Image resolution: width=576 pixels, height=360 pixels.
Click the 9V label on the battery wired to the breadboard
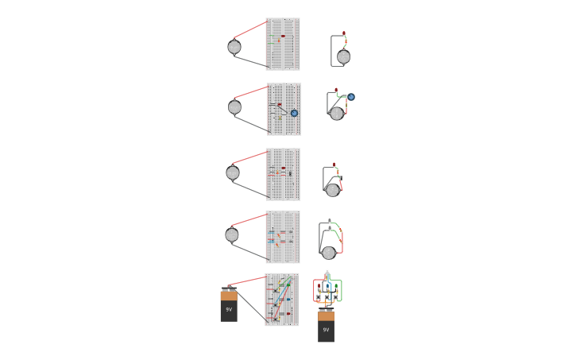pyautogui.click(x=229, y=310)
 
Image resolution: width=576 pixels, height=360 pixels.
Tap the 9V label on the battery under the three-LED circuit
pyautogui.click(x=326, y=330)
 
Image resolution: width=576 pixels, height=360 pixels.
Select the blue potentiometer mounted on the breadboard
pyautogui.click(x=294, y=113)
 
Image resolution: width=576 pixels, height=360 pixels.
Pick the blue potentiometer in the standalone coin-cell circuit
pyautogui.click(x=351, y=97)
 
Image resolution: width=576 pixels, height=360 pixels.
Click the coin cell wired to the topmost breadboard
pyautogui.click(x=234, y=47)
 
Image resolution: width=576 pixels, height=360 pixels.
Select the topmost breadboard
pyautogui.click(x=283, y=45)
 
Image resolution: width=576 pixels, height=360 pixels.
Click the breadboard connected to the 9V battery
pyautogui.click(x=282, y=300)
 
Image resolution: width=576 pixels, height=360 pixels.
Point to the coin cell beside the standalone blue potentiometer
pyautogui.click(x=337, y=114)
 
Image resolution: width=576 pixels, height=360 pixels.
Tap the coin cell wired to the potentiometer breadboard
pyautogui.click(x=234, y=107)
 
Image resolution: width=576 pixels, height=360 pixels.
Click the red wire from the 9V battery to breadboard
pyautogui.click(x=246, y=281)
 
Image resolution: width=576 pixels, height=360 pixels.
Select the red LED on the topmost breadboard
pyautogui.click(x=283, y=36)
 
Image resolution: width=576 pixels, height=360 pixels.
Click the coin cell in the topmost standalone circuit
pyautogui.click(x=343, y=57)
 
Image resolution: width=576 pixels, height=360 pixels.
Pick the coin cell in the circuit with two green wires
pyautogui.click(x=328, y=253)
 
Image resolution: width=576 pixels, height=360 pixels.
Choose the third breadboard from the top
pyautogui.click(x=283, y=175)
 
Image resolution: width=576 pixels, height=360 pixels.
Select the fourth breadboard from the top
pyautogui.click(x=283, y=237)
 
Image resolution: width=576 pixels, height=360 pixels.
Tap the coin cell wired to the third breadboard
pyautogui.click(x=233, y=173)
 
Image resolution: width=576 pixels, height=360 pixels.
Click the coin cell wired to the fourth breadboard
pyautogui.click(x=232, y=235)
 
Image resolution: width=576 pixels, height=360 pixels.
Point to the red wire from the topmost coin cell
pyautogui.click(x=249, y=30)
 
